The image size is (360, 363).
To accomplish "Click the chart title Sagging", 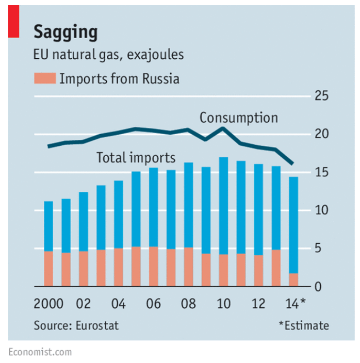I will click(x=66, y=32).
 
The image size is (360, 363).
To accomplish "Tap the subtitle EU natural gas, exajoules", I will click(x=109, y=55).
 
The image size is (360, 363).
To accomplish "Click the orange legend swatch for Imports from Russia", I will click(x=44, y=79).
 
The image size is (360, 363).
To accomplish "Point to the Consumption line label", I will click(x=238, y=118).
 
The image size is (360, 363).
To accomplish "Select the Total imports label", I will click(x=136, y=158).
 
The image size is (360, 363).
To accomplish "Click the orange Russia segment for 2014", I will click(x=293, y=279).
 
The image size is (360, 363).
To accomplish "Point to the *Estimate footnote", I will click(x=303, y=325).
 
